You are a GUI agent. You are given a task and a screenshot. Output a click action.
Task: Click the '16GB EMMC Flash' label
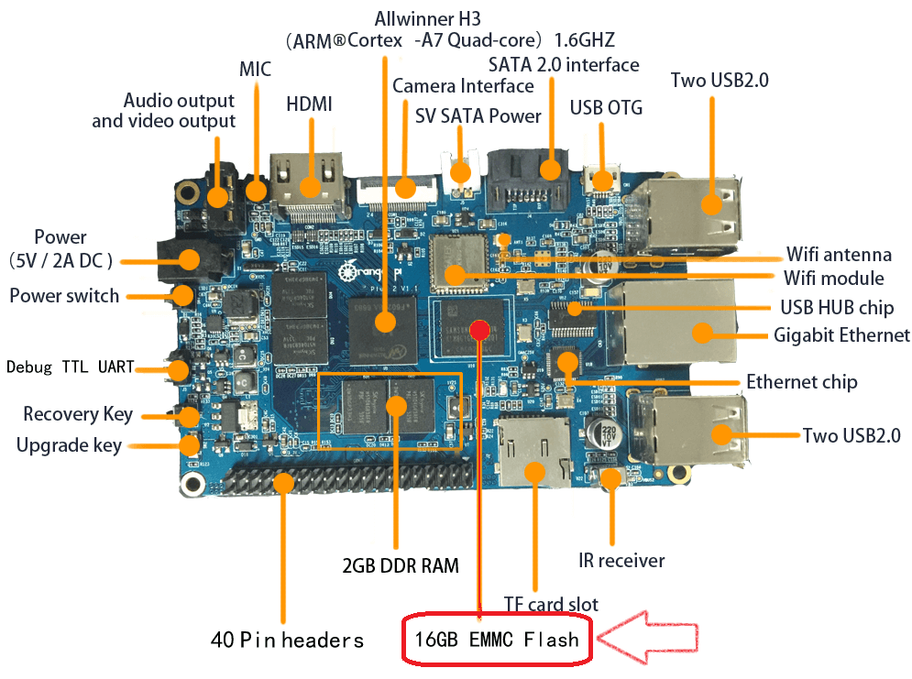496,638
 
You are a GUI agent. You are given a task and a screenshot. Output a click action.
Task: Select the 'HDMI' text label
309,104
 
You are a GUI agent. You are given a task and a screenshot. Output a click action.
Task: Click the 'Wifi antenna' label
839,254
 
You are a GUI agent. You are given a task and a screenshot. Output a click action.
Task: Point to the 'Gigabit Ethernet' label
841,334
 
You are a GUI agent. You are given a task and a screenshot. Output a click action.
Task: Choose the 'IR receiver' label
621,560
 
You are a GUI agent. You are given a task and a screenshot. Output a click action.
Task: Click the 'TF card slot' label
551,604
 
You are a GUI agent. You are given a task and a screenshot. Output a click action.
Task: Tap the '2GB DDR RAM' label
401,564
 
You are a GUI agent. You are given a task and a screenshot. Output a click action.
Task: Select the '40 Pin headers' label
287,639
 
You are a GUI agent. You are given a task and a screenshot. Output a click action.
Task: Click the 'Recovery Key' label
78,414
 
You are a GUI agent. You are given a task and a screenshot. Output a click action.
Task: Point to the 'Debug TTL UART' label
71,367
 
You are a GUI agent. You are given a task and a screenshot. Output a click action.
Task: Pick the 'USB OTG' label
606,107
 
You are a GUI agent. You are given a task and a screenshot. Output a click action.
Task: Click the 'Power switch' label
64,295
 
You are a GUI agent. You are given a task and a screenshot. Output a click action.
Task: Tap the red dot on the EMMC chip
478,329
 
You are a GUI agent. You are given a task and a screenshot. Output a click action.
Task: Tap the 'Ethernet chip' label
801,381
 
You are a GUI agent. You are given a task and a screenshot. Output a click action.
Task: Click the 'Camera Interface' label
463,86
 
